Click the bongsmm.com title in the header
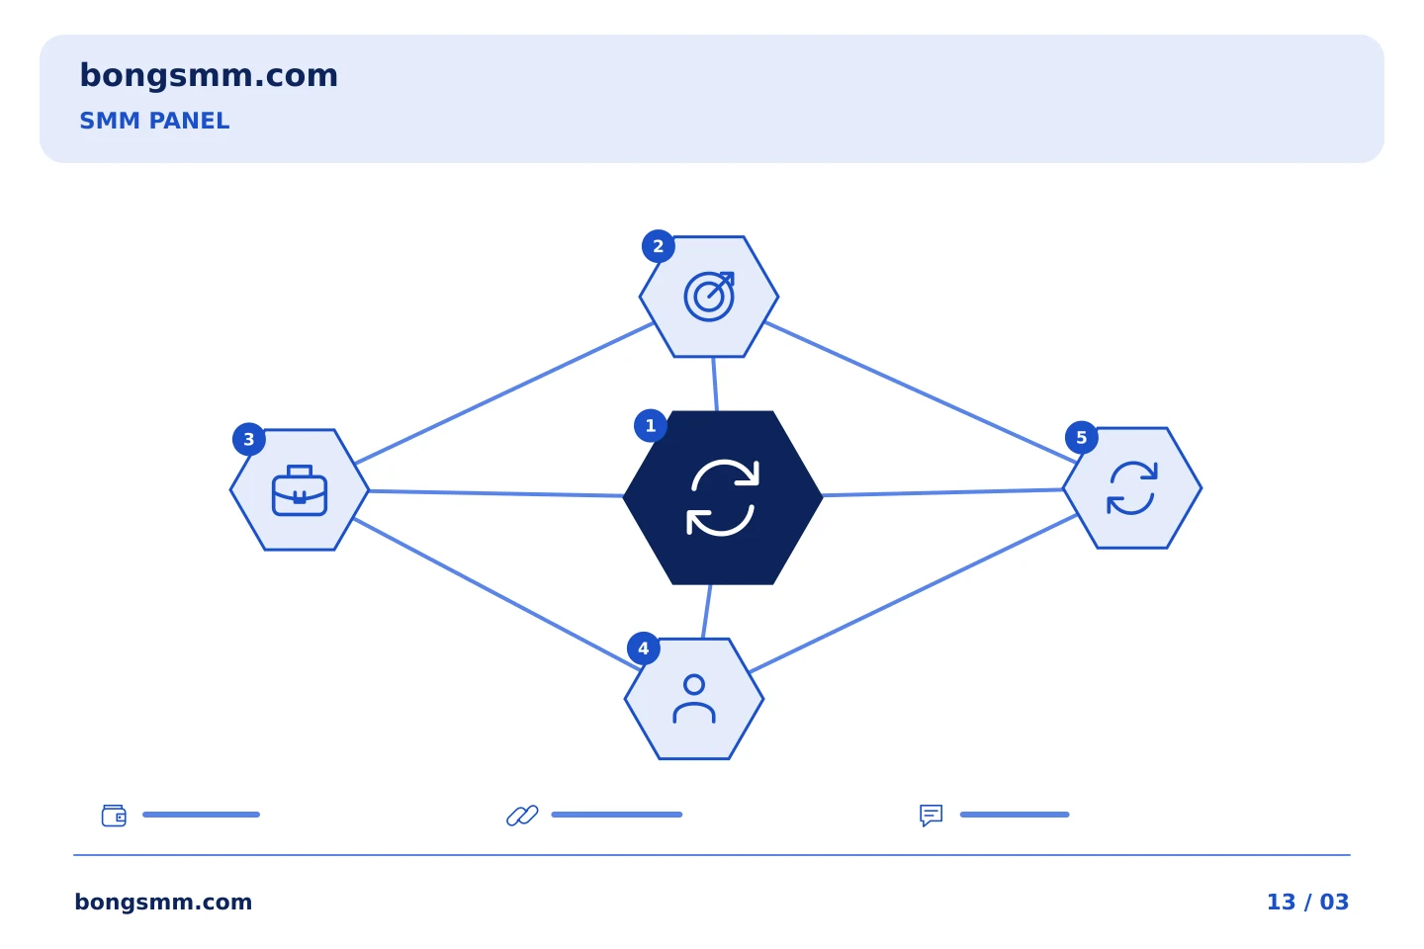coord(209,76)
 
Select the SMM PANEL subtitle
coord(154,121)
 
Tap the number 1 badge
coord(651,426)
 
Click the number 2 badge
coord(658,246)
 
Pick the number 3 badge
coord(248,439)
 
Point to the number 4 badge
coord(644,648)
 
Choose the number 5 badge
coord(1082,438)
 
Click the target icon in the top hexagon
coord(709,297)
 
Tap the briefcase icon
coord(300,490)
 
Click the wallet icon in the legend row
coord(114,815)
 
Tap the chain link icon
coord(522,815)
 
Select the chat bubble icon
coord(931,815)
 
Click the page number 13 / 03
coord(1307,902)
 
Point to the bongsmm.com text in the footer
coord(163,902)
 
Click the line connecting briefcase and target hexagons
coord(504,393)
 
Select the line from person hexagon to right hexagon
coord(913,594)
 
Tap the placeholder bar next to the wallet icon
coord(201,815)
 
